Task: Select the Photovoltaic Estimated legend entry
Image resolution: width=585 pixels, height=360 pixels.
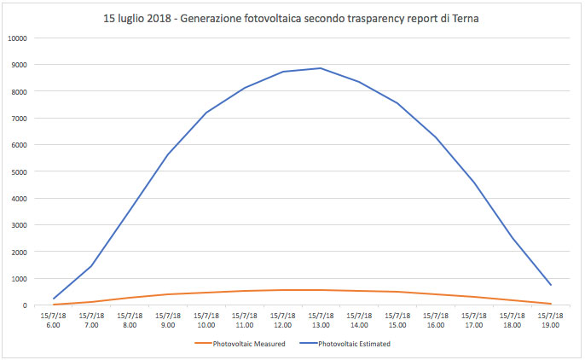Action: [x=353, y=344]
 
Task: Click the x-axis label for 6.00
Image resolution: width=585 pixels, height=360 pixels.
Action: [x=53, y=320]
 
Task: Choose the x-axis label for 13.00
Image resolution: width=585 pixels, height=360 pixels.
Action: [x=321, y=320]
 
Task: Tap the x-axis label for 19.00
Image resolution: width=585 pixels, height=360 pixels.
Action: [x=550, y=320]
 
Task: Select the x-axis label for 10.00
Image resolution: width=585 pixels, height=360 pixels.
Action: [x=206, y=320]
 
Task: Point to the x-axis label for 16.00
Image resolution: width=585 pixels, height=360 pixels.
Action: [x=436, y=320]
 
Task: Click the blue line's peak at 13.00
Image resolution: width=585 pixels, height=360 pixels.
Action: [x=321, y=68]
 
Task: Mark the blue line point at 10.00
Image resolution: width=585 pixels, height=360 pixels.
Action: [x=206, y=113]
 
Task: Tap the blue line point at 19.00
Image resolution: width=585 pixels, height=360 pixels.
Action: [x=550, y=285]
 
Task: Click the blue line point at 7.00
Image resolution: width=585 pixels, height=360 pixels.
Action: [x=91, y=266]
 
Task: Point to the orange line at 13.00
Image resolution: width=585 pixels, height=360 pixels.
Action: [x=321, y=290]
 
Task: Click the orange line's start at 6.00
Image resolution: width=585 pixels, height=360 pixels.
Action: [x=53, y=305]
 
